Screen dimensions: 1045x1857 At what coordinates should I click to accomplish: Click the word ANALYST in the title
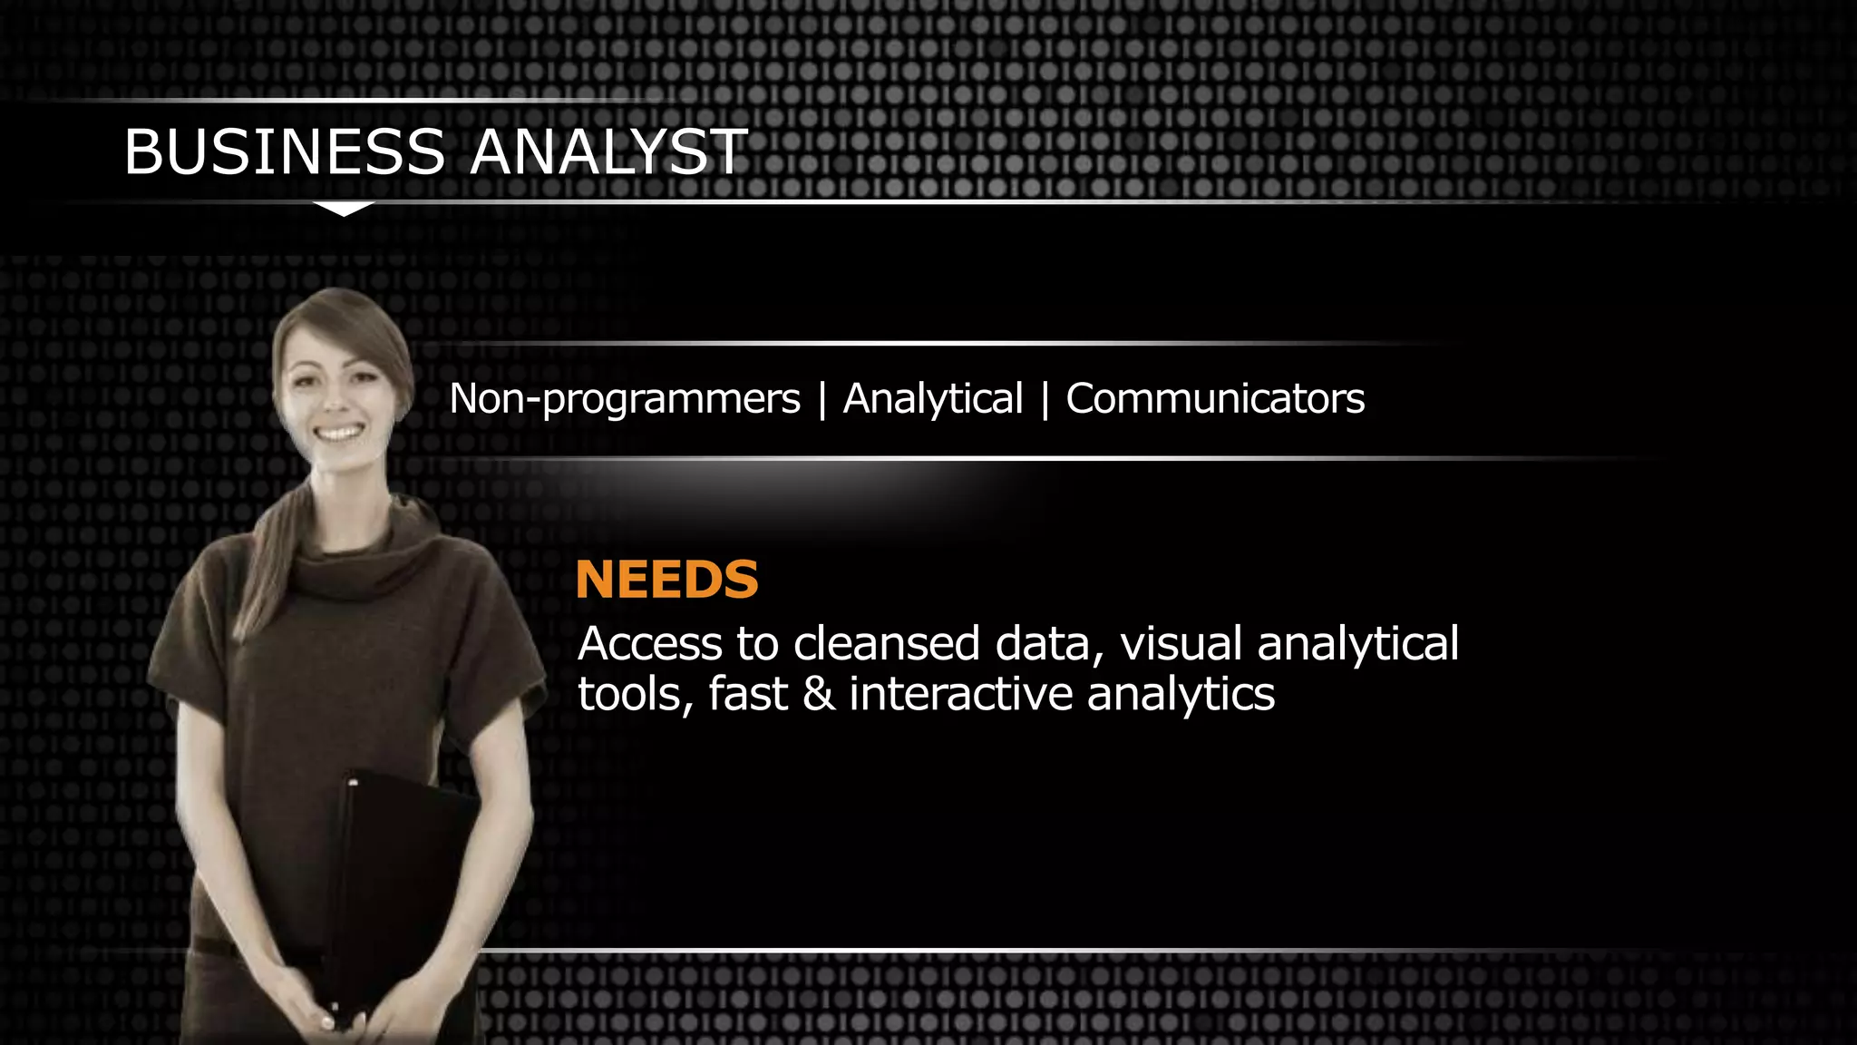[608, 151]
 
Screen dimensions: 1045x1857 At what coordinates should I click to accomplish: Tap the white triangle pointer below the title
[344, 209]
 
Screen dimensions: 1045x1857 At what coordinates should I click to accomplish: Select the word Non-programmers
[625, 399]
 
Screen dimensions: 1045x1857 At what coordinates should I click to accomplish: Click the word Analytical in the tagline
[933, 399]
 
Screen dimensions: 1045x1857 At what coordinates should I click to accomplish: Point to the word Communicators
[1215, 399]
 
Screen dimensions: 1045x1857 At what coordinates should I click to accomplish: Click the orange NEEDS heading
[666, 580]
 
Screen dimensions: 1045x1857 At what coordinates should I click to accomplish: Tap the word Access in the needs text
[649, 644]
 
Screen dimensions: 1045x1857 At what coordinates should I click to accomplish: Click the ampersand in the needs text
[818, 695]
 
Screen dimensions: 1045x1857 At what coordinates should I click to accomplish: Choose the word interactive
[959, 695]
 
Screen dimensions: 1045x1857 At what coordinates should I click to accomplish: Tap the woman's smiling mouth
[338, 433]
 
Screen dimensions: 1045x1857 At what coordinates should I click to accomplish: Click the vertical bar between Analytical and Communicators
[1045, 400]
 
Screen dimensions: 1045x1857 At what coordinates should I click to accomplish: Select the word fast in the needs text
[748, 695]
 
